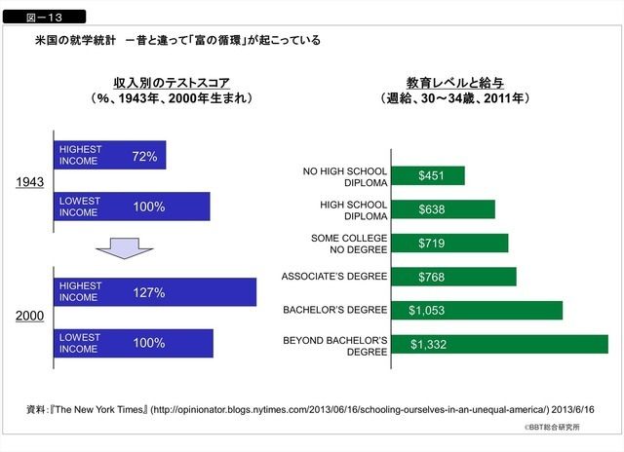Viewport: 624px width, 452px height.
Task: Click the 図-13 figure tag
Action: pyautogui.click(x=45, y=17)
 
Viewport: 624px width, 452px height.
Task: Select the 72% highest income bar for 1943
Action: pyautogui.click(x=109, y=156)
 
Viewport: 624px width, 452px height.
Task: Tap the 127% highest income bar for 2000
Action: pyautogui.click(x=155, y=292)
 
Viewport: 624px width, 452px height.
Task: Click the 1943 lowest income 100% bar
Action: pyautogui.click(x=132, y=207)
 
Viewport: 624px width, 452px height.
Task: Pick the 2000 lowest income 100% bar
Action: pyautogui.click(x=133, y=343)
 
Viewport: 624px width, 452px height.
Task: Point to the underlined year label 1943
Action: pyautogui.click(x=29, y=182)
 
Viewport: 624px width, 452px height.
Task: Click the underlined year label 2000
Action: pyautogui.click(x=29, y=318)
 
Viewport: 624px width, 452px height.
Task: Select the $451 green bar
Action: pyautogui.click(x=428, y=176)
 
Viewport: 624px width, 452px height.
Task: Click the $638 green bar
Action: pyautogui.click(x=443, y=209)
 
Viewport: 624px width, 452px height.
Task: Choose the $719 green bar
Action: pyautogui.click(x=449, y=243)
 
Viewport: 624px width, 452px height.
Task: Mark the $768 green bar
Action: pyautogui.click(x=453, y=277)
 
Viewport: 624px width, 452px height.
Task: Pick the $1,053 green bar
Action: pyautogui.click(x=477, y=311)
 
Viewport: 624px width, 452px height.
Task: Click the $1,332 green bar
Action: pyautogui.click(x=499, y=344)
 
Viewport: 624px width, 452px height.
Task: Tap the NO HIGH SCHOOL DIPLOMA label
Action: pyautogui.click(x=345, y=176)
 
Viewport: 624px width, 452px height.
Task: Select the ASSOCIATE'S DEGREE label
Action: pyautogui.click(x=334, y=277)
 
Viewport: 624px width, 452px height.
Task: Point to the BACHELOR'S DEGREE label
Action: pyautogui.click(x=334, y=311)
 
